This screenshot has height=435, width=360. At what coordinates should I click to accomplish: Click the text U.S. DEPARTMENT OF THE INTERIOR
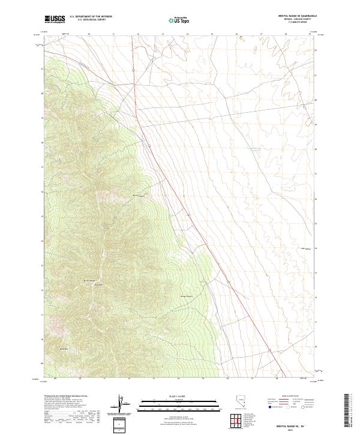pos(91,17)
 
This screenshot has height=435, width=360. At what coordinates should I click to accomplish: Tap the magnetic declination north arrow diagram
pos(122,404)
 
